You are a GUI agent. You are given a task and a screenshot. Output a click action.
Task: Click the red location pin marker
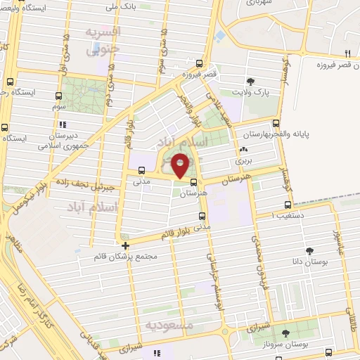[181, 166]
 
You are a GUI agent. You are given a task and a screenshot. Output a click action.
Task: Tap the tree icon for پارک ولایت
[251, 82]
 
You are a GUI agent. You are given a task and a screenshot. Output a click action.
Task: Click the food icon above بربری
[243, 150]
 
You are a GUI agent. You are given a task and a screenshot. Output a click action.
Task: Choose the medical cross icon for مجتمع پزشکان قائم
[125, 245]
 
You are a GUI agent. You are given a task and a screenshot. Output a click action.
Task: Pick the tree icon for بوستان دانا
[309, 250]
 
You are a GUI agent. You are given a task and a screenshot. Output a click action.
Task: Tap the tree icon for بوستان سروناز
[285, 334]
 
